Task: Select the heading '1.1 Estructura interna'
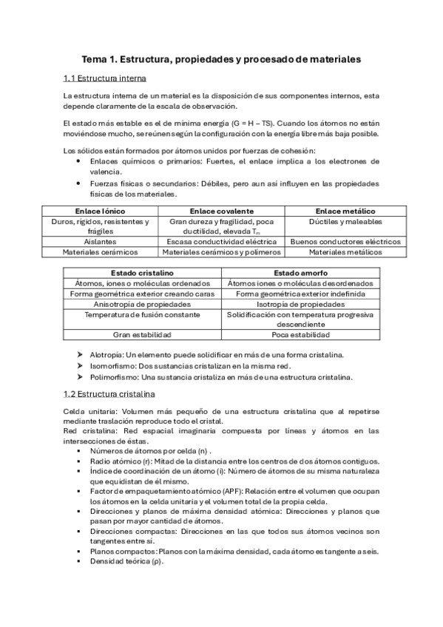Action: click(104, 78)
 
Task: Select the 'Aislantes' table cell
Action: click(100, 242)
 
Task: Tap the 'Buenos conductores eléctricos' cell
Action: click(345, 242)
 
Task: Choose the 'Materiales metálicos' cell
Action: click(345, 252)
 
